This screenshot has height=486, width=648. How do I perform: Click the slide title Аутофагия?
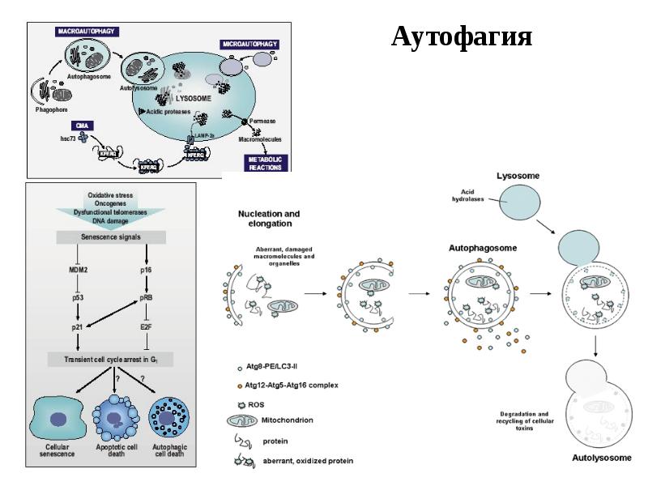coord(462,37)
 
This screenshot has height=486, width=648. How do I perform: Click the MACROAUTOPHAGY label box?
coord(87,31)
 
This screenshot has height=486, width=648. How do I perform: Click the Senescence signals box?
coord(111,237)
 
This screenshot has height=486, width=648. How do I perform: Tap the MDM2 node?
coord(75,267)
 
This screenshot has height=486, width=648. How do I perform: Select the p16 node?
coord(147,267)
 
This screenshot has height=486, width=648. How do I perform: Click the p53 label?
coord(75,297)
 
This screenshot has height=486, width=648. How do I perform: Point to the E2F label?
coord(147,326)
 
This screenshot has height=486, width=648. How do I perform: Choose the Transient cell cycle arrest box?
coord(111,358)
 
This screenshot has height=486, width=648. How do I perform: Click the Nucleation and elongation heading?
coord(269,219)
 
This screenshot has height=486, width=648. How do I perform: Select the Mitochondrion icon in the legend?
coord(241,420)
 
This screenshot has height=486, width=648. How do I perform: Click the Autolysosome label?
coord(601,458)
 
